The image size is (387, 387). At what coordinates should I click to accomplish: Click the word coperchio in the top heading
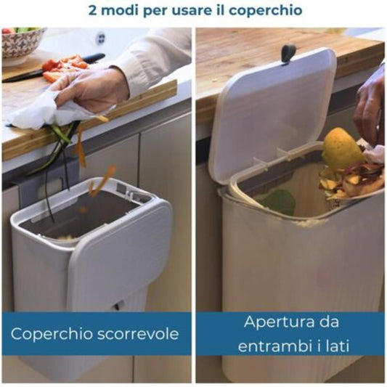265,10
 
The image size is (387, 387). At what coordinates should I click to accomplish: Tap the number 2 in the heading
92,10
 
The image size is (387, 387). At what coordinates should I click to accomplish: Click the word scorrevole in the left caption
137,335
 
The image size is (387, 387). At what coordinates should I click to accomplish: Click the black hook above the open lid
288,53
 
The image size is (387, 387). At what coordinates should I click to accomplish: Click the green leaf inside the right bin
279,201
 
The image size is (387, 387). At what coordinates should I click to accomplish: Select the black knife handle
92,59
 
